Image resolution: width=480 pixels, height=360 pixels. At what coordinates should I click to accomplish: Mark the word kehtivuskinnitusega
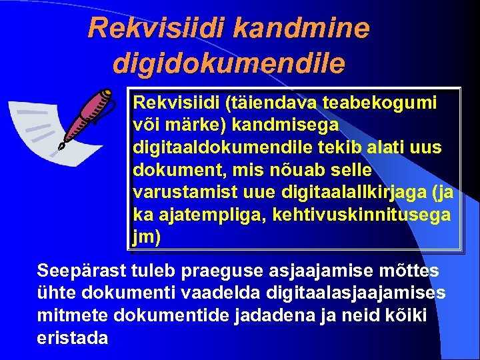361,215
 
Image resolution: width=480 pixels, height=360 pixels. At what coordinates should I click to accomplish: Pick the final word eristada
73,338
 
